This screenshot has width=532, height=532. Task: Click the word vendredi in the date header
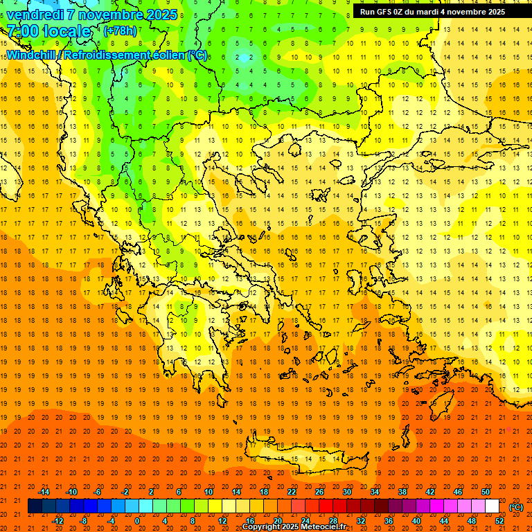point(35,14)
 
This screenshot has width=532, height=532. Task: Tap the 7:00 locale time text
point(48,31)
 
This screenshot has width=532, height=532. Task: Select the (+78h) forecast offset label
point(120,31)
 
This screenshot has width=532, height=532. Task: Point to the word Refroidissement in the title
point(104,55)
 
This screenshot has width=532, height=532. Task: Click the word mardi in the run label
point(436,12)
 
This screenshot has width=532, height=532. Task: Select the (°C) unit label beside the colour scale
point(516,507)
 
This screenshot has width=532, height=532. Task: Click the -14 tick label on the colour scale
point(44,492)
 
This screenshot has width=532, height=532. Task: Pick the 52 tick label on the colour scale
point(499,521)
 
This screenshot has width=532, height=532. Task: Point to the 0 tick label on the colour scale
point(137,521)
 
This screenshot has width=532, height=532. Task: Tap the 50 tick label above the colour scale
point(486,492)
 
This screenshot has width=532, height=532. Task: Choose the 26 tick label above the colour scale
point(319,492)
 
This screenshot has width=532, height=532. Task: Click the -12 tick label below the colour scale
point(57,521)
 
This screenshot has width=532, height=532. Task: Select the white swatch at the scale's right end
point(493,506)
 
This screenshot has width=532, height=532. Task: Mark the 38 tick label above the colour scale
point(402,492)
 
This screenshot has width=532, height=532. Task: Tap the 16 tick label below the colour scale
point(250,521)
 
